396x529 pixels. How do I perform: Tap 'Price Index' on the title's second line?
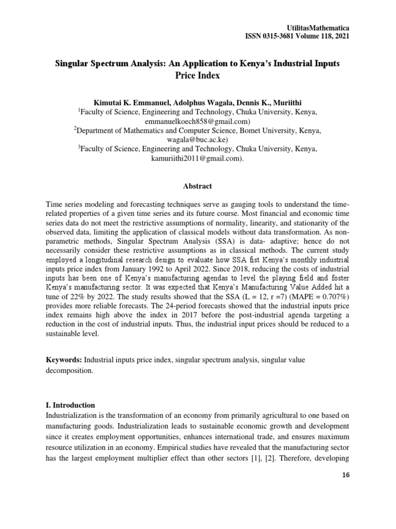(197, 75)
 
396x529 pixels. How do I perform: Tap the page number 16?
(345, 476)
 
